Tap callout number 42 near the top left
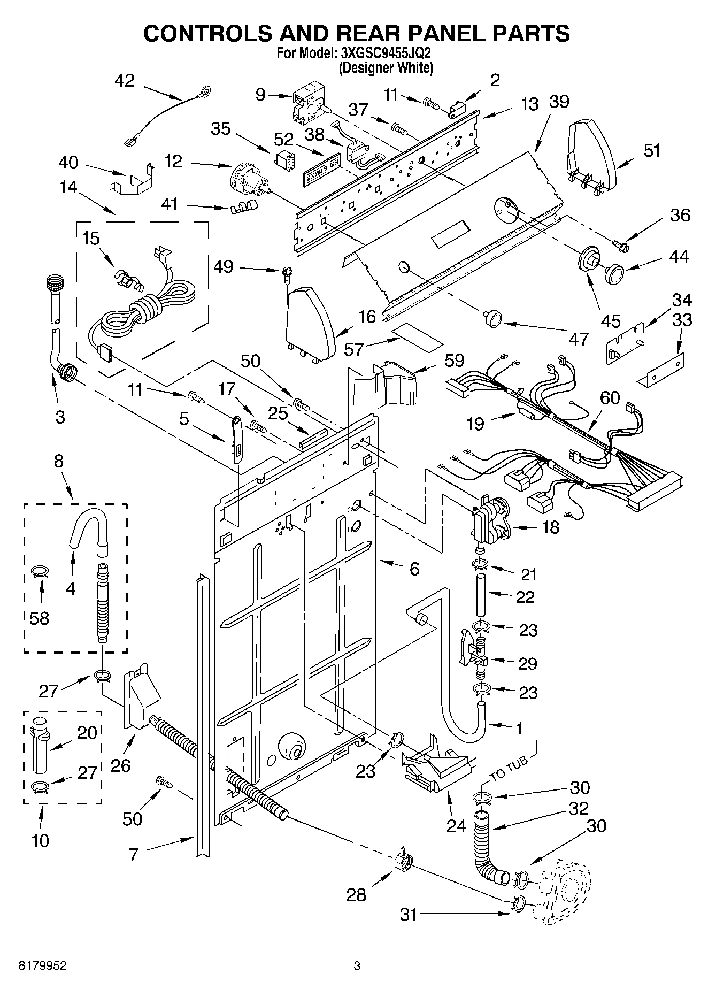(x=125, y=80)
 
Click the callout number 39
(x=559, y=102)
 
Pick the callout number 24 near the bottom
(x=457, y=826)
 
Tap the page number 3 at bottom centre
(x=357, y=966)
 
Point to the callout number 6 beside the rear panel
(x=414, y=569)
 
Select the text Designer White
(x=386, y=68)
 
